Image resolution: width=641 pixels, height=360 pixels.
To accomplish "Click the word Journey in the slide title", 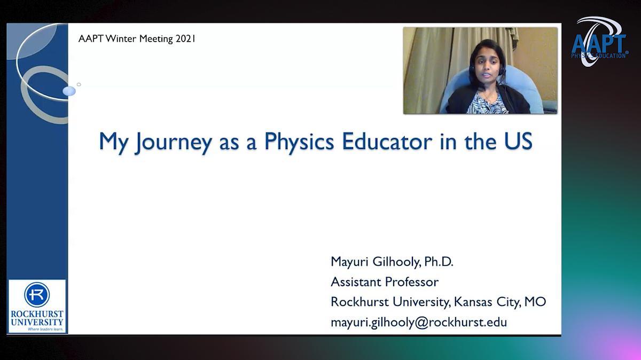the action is (x=174, y=142).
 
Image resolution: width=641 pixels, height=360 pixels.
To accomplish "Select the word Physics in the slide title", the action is (x=299, y=142).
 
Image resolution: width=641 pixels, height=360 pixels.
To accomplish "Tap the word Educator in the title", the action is (x=387, y=141).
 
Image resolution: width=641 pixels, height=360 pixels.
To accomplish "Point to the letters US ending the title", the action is (x=518, y=141).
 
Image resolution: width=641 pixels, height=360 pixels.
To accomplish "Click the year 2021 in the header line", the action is (x=185, y=38).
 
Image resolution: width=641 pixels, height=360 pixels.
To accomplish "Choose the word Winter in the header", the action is (x=121, y=38).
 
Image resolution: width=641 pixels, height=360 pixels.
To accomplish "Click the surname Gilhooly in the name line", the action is (x=396, y=262).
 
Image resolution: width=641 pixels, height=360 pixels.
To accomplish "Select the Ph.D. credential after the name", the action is (x=439, y=262).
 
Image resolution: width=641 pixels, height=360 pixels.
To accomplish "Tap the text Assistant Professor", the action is (x=385, y=282).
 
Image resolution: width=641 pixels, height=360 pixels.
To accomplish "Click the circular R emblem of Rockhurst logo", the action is (x=37, y=295).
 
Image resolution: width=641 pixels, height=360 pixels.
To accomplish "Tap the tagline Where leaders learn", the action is (x=45, y=330).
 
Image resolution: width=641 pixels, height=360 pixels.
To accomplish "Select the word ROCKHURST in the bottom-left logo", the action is (x=37, y=314).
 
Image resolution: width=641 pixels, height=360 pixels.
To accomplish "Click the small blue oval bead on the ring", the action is (x=69, y=91).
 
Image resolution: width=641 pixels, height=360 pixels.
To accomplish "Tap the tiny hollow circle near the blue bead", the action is (x=79, y=84).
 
